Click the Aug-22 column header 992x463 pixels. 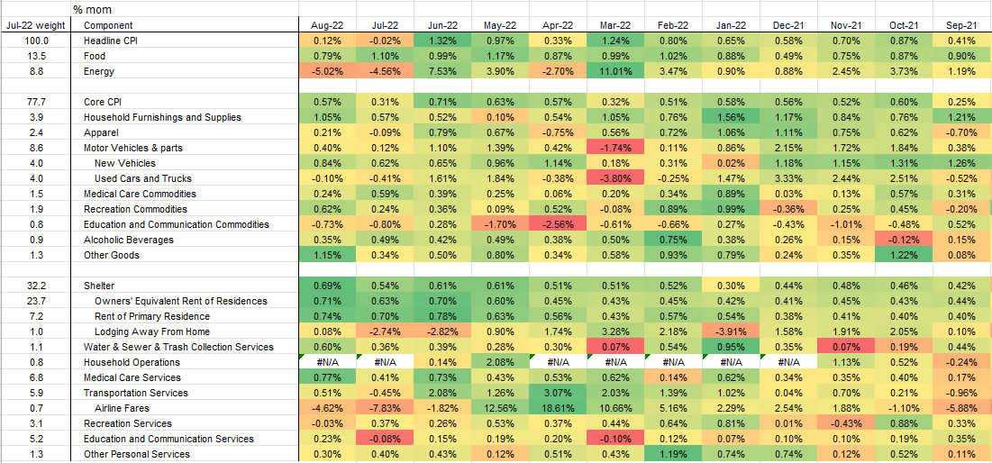(327, 25)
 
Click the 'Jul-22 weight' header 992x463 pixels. (33, 25)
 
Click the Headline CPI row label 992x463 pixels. (111, 41)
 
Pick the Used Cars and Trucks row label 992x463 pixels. (142, 178)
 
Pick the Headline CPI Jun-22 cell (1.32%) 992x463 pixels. (442, 41)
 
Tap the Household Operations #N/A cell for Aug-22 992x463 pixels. (327, 362)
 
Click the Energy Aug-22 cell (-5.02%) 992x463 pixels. (327, 71)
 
